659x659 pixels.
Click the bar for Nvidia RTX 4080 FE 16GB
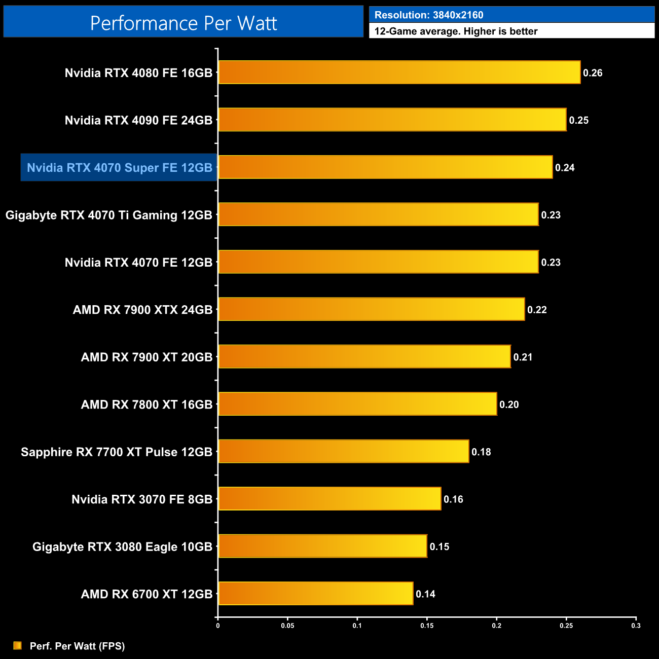(399, 72)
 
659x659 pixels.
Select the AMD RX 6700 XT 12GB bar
(315, 594)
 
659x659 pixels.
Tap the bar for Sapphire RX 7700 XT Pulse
(343, 452)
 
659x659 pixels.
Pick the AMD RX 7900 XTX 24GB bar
(371, 309)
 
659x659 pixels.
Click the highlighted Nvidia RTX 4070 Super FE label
(119, 168)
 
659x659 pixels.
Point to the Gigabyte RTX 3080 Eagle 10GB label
(122, 547)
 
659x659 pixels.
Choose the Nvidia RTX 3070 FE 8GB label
(142, 499)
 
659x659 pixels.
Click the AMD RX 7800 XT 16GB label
(147, 405)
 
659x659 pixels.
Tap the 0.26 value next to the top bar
(593, 73)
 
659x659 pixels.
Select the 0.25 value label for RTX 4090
(578, 121)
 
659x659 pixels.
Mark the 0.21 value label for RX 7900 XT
(523, 357)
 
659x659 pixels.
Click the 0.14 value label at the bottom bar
(425, 594)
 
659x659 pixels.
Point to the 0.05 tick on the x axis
(287, 626)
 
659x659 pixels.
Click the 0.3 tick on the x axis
(636, 626)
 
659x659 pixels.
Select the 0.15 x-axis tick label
(427, 626)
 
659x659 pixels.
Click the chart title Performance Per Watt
(184, 23)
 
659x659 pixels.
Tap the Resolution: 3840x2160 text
(429, 15)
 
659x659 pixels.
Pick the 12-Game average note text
(456, 31)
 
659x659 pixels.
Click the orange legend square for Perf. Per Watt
(18, 645)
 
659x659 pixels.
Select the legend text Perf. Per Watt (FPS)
(77, 646)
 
